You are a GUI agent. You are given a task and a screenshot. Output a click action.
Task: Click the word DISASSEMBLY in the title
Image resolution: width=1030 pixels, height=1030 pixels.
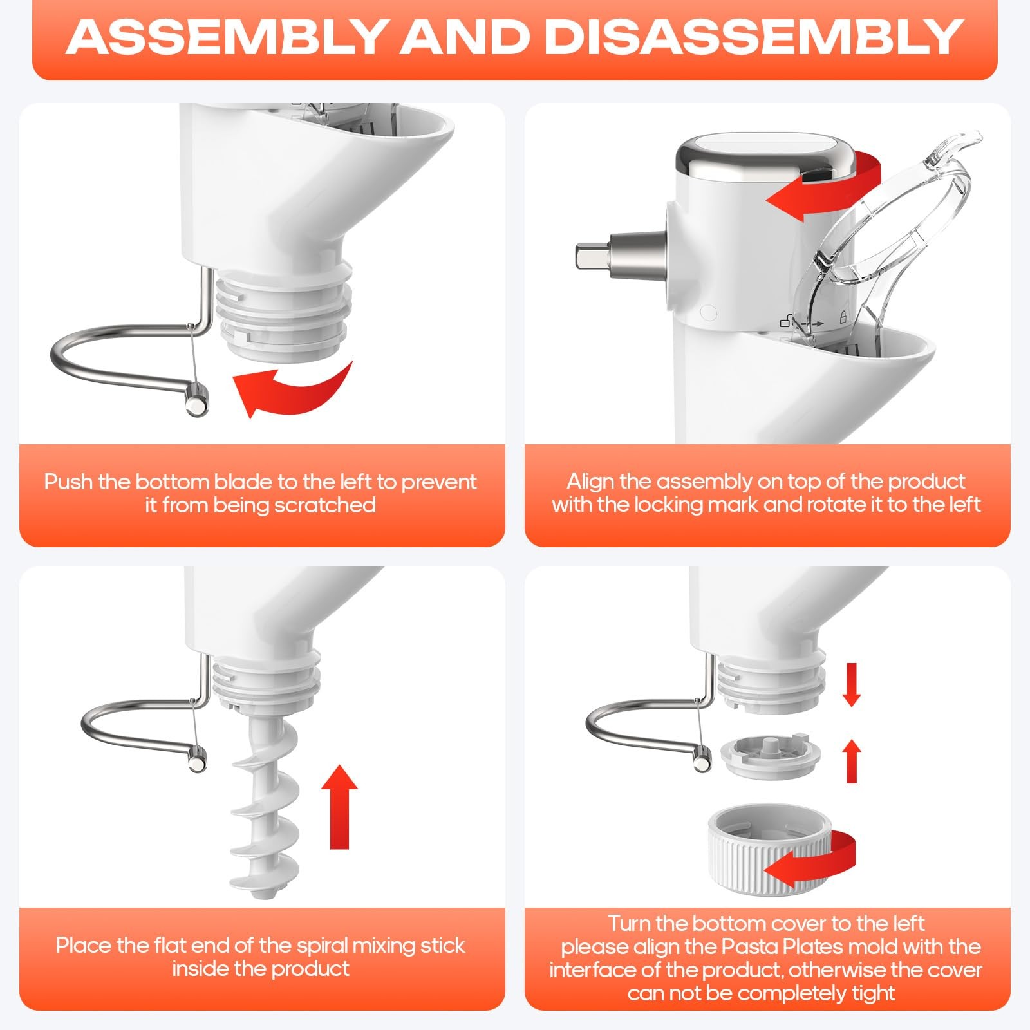pos(753,37)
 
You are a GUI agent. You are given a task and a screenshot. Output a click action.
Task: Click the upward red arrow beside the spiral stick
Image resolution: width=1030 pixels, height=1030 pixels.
pos(339,808)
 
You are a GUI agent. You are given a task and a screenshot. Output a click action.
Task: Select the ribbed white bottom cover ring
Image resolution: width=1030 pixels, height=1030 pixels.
pos(766,850)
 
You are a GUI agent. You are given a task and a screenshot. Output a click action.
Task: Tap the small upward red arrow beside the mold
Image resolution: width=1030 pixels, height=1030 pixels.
pos(852,761)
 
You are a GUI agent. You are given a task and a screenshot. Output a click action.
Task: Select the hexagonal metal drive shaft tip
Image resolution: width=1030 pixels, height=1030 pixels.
pos(586,256)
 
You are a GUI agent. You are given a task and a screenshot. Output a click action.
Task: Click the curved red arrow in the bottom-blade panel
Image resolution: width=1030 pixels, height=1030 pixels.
pos(290,389)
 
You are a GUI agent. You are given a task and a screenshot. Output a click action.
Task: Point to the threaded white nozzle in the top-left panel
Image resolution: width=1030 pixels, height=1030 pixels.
pos(283,309)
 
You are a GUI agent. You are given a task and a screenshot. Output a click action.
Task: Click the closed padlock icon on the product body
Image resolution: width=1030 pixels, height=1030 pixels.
pos(842,317)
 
